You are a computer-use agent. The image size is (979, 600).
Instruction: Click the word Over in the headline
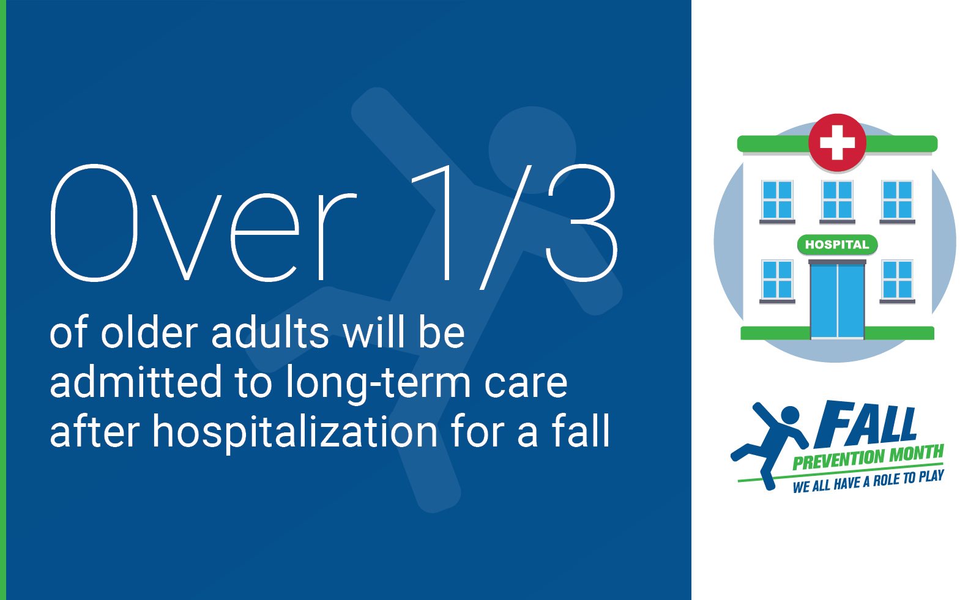pos(203,223)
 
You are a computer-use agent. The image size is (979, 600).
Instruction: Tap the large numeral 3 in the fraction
pos(581,223)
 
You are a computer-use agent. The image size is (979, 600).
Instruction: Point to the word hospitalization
pos(295,432)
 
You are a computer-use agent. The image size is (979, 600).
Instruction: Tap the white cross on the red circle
pos(837,143)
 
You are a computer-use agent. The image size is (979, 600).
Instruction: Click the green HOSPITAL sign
pos(837,245)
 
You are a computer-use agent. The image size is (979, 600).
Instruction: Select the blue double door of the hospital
pos(837,301)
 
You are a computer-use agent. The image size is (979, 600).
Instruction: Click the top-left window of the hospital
pos(777,200)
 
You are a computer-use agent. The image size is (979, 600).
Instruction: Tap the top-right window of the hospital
pos(897,200)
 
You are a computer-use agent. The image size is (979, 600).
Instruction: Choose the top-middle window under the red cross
pos(837,200)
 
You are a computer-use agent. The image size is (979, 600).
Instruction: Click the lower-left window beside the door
pos(777,280)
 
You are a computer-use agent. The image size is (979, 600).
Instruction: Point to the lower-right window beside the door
pos(897,280)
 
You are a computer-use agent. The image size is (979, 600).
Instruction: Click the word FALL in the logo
pos(866,424)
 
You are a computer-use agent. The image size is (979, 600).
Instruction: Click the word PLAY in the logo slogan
pos(931,476)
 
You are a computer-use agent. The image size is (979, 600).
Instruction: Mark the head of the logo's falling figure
pos(790,415)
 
